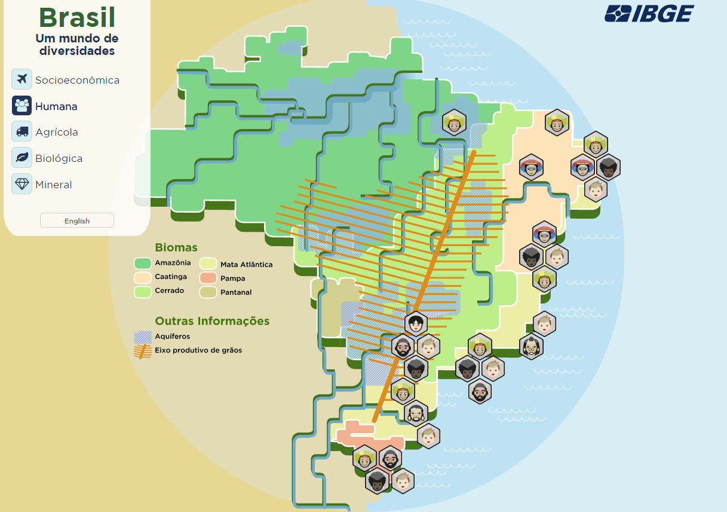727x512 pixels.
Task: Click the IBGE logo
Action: pyautogui.click(x=649, y=13)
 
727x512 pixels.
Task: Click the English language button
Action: pyautogui.click(x=77, y=220)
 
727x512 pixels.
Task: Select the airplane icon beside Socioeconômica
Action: pyautogui.click(x=22, y=79)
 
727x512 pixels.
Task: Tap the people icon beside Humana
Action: pyautogui.click(x=22, y=106)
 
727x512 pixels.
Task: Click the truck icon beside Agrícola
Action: pyautogui.click(x=22, y=131)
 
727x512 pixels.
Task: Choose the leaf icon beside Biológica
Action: pyautogui.click(x=22, y=158)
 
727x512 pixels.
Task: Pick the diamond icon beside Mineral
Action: pyautogui.click(x=22, y=184)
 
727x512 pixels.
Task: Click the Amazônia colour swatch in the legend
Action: pyautogui.click(x=142, y=263)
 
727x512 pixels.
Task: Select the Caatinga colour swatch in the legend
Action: pyautogui.click(x=142, y=277)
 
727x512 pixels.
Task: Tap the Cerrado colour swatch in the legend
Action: pyautogui.click(x=142, y=292)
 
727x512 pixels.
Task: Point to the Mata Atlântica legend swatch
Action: pyautogui.click(x=208, y=264)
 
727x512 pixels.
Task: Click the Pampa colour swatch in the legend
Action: pyautogui.click(x=208, y=278)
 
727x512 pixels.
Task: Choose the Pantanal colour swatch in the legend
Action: pyautogui.click(x=208, y=292)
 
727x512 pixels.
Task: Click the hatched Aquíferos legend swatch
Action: pyautogui.click(x=142, y=337)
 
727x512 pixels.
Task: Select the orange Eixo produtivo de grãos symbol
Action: pyautogui.click(x=142, y=351)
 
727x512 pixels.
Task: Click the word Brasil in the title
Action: pyautogui.click(x=77, y=18)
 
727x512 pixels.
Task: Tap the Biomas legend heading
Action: pyautogui.click(x=176, y=247)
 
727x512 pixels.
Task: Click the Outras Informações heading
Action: pyautogui.click(x=212, y=321)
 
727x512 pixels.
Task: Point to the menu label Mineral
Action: pyautogui.click(x=54, y=185)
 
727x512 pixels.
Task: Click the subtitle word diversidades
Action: pyautogui.click(x=77, y=51)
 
